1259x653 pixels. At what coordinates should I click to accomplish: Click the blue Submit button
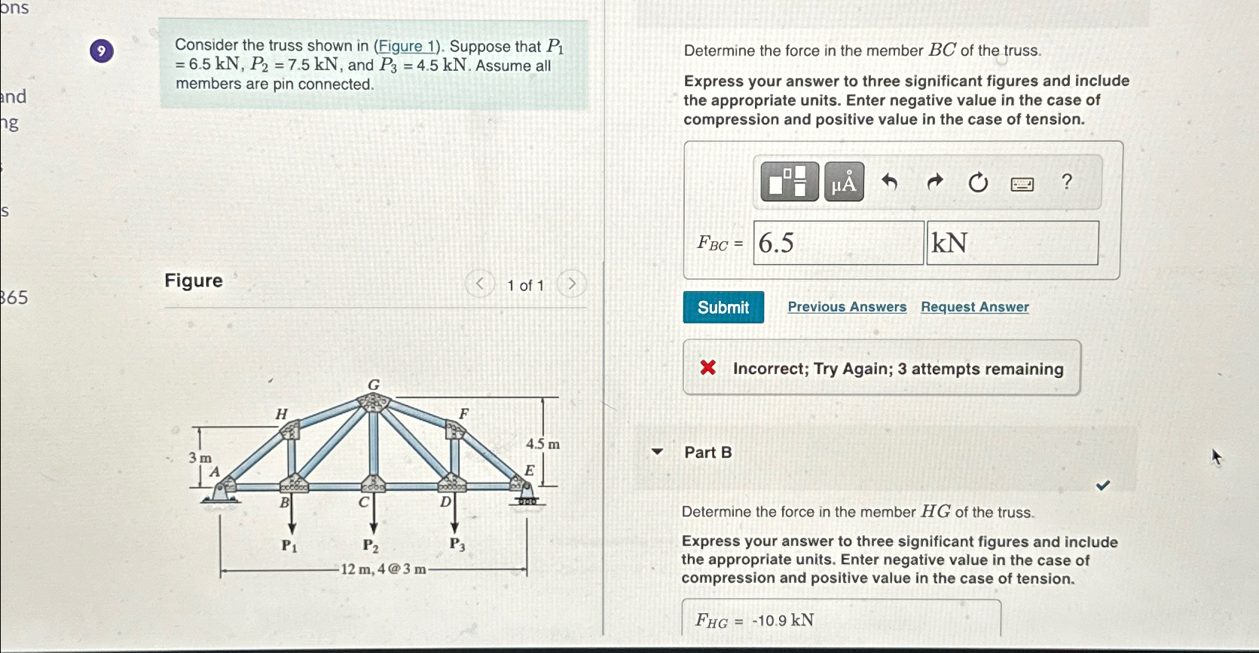tap(723, 307)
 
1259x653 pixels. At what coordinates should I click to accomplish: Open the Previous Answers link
tap(847, 307)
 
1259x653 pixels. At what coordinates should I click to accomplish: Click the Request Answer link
tap(974, 307)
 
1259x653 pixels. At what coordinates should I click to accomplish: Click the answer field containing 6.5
tap(838, 243)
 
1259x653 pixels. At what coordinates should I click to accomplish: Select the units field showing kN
tap(1012, 243)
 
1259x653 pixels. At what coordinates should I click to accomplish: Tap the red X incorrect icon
tap(707, 368)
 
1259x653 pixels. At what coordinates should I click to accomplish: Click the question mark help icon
tap(1066, 182)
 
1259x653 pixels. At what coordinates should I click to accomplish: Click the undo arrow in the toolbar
tap(890, 182)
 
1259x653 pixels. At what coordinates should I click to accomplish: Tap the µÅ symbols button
tap(844, 182)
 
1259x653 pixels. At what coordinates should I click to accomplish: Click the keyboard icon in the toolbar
tap(1022, 183)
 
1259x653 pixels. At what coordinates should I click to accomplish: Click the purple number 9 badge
tap(102, 51)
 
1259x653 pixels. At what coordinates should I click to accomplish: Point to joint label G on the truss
tap(374, 385)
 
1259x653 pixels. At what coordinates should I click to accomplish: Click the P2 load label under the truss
tap(370, 545)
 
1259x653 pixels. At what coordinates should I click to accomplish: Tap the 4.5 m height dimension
tap(542, 444)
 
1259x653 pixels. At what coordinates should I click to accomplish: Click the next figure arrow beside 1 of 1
tap(572, 284)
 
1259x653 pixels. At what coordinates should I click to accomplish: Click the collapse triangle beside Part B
tap(657, 452)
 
